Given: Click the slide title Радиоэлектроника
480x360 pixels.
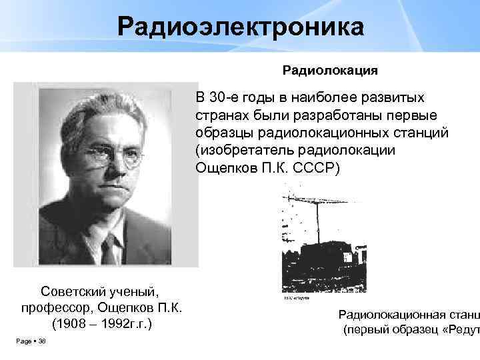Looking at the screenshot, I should [x=241, y=27].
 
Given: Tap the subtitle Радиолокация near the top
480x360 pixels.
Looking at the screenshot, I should [x=331, y=69].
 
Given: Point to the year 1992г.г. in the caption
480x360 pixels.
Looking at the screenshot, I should [x=126, y=324].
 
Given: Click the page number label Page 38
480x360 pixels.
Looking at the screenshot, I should [x=30, y=342].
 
